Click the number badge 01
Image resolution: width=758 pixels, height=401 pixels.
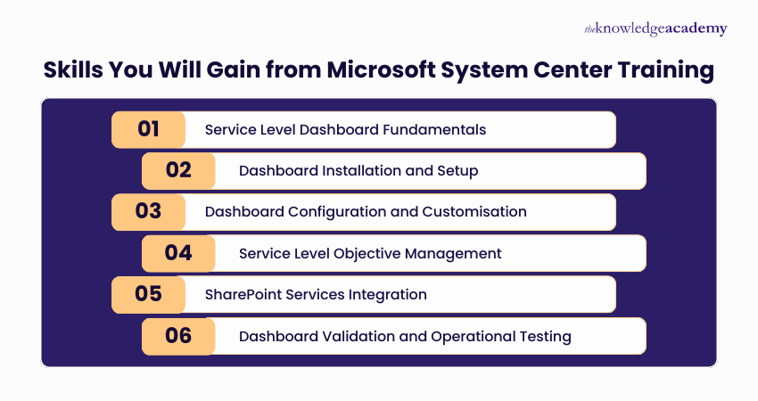pyautogui.click(x=148, y=129)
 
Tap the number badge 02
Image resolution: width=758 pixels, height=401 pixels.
pyautogui.click(x=178, y=170)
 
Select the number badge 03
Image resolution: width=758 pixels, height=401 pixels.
pyautogui.click(x=148, y=211)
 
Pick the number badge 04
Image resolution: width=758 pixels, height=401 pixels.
pyautogui.click(x=178, y=253)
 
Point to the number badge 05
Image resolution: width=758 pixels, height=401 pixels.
pyautogui.click(x=148, y=294)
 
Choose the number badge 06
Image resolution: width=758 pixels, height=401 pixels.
pyautogui.click(x=178, y=336)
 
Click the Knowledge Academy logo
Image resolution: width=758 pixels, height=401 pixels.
pyautogui.click(x=655, y=29)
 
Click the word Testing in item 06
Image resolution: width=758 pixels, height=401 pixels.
pyautogui.click(x=545, y=337)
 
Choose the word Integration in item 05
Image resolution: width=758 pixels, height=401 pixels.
pyautogui.click(x=389, y=295)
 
